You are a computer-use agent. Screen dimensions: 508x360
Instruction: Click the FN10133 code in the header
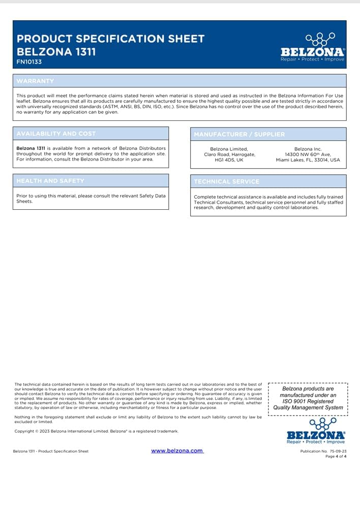tap(29, 62)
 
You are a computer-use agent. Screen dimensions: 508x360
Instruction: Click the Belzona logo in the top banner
tap(312, 48)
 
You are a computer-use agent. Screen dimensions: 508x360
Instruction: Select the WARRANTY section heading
tap(35, 81)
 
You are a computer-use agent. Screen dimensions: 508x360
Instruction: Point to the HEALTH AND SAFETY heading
tap(50, 180)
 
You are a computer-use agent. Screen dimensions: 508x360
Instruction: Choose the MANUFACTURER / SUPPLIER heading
tap(239, 135)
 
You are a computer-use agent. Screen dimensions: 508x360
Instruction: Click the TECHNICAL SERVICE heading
tap(226, 181)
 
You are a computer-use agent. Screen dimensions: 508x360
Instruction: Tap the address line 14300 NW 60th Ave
tap(308, 154)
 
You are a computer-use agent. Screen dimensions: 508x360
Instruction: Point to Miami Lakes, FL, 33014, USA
tap(308, 160)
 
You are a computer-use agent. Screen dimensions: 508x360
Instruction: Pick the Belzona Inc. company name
tap(308, 148)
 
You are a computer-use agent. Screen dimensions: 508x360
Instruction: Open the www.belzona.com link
tap(177, 451)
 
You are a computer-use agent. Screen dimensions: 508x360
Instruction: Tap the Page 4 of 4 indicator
tap(336, 456)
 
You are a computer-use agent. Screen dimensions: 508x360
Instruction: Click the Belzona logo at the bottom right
tap(316, 431)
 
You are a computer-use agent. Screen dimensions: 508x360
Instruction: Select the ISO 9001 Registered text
tap(308, 401)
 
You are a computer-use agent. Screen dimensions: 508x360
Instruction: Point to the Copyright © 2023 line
tap(97, 431)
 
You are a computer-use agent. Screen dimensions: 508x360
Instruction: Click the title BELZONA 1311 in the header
tap(56, 51)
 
